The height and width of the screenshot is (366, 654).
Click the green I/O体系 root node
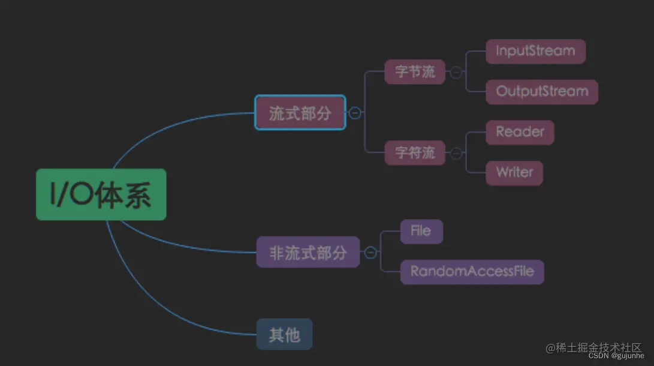coord(101,194)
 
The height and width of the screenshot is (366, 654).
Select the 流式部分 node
coord(300,113)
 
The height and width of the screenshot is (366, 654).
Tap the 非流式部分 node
coord(308,252)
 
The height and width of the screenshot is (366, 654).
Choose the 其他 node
coord(284,334)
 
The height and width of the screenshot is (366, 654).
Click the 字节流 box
coord(415,72)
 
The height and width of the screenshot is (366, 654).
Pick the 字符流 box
coord(415,153)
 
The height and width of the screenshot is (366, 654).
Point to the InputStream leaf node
coord(535,51)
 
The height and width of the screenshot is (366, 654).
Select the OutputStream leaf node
coord(542,92)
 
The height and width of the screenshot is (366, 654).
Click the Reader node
coord(520,132)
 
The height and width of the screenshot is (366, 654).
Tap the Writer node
coord(514,173)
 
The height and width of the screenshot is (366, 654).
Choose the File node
coord(421,232)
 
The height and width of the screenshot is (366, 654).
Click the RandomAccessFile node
coord(472,272)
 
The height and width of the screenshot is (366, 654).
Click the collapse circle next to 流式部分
coord(355,113)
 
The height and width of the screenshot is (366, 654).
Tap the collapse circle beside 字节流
coord(456,72)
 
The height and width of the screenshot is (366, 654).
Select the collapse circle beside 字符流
coord(456,153)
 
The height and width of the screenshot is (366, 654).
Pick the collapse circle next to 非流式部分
coord(370,253)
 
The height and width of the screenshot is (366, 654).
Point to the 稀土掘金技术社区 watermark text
coord(593,347)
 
